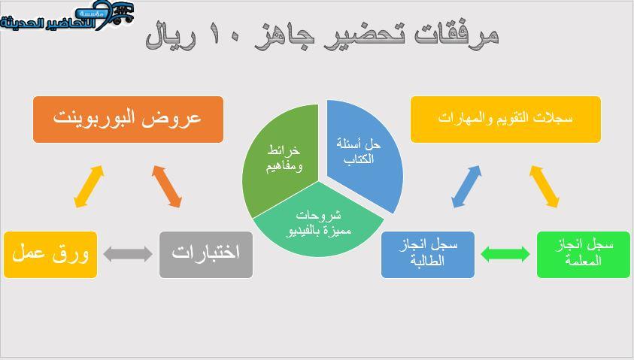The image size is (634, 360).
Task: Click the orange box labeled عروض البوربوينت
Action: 128,119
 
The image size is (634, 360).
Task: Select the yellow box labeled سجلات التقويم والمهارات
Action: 505,119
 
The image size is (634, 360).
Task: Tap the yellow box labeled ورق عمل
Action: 50,255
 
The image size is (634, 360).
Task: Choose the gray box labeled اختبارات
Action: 206,255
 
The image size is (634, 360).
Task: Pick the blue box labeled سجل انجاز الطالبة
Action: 428,255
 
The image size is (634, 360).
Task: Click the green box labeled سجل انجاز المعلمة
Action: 584,255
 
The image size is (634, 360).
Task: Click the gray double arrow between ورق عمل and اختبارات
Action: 128,254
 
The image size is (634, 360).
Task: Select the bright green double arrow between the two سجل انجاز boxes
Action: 505,254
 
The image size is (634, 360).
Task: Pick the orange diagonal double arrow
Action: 167,186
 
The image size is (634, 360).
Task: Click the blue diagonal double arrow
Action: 466,186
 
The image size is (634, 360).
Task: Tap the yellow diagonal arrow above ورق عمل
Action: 89,186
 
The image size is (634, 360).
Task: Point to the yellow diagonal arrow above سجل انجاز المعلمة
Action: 545,186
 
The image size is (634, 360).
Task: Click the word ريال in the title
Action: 171,35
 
